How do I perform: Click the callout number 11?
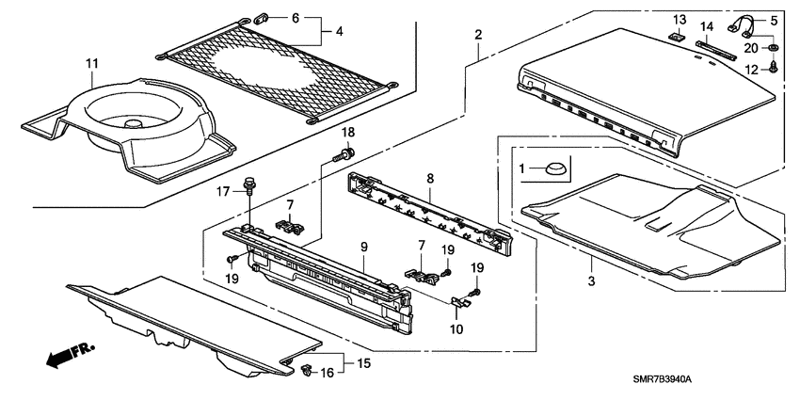coord(91,64)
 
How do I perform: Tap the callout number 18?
coord(348,132)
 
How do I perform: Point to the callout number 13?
coord(680,20)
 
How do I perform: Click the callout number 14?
coord(707,27)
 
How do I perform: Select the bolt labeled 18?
coord(347,152)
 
